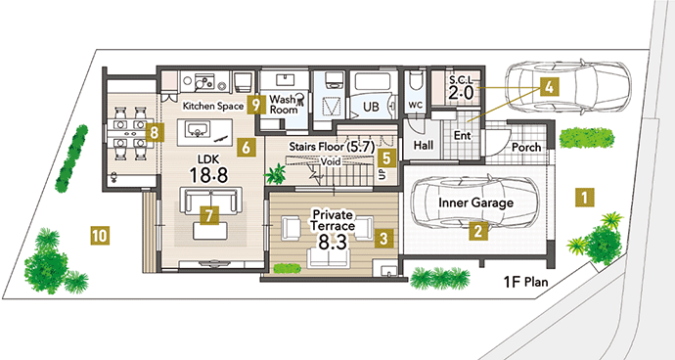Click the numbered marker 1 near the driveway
[585, 198]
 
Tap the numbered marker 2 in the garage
[477, 231]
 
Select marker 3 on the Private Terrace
[384, 238]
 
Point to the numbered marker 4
[549, 87]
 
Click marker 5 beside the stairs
[386, 158]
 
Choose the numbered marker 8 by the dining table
[155, 133]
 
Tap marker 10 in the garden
[100, 236]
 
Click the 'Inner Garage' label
[475, 202]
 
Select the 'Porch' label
[526, 148]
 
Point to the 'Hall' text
[424, 145]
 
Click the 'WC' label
[416, 106]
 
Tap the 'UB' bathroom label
[371, 107]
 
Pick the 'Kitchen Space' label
[213, 106]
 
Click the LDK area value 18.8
[208, 175]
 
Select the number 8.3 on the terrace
[333, 243]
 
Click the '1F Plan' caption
[526, 282]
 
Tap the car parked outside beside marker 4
[567, 87]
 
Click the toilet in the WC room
[417, 81]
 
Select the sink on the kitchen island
[198, 129]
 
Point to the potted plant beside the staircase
[274, 174]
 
